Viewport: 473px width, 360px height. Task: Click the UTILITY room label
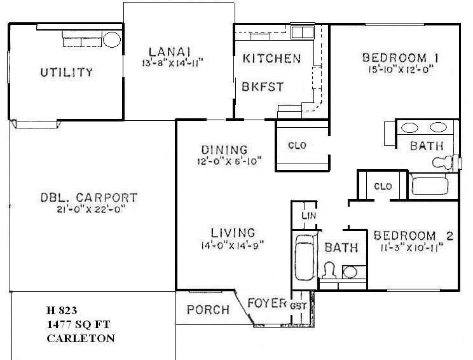tap(66, 72)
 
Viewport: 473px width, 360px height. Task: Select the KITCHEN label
tap(271, 59)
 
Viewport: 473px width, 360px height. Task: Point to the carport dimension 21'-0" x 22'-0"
tap(86, 209)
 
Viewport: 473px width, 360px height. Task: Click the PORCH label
tap(209, 310)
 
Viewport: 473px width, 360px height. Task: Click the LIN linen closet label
tap(308, 216)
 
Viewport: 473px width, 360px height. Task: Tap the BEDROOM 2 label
tap(413, 235)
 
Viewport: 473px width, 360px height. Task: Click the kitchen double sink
tap(301, 32)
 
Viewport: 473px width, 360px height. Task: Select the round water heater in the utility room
tap(113, 39)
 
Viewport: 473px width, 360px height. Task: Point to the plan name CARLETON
tap(81, 338)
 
